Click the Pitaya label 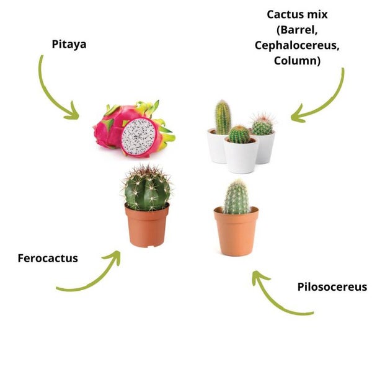pos(69,45)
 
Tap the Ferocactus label pos(48,258)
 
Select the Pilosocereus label pos(332,287)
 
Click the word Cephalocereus pos(297,45)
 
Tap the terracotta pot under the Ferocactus pos(148,226)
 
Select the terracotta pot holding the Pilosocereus pos(236,231)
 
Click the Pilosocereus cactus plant pos(236,197)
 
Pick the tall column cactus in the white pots pos(223,117)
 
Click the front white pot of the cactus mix pos(241,156)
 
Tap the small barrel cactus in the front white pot pos(239,135)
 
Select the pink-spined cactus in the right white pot pos(262,125)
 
